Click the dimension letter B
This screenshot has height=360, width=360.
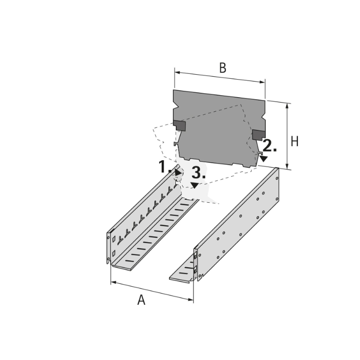222,68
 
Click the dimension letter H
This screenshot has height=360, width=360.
294,142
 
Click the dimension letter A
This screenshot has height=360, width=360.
141,300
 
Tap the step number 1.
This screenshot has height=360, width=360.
164,167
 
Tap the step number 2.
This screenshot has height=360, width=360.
270,146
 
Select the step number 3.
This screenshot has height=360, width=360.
198,172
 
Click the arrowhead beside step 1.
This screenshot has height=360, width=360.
178,172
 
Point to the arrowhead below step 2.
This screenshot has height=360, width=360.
264,158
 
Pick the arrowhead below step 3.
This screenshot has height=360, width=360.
195,185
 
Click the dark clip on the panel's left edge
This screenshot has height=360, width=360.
180,126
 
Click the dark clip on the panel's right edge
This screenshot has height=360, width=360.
258,134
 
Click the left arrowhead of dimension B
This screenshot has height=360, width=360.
177,73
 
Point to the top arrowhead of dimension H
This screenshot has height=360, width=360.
287,106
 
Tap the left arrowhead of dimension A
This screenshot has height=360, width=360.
113,282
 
